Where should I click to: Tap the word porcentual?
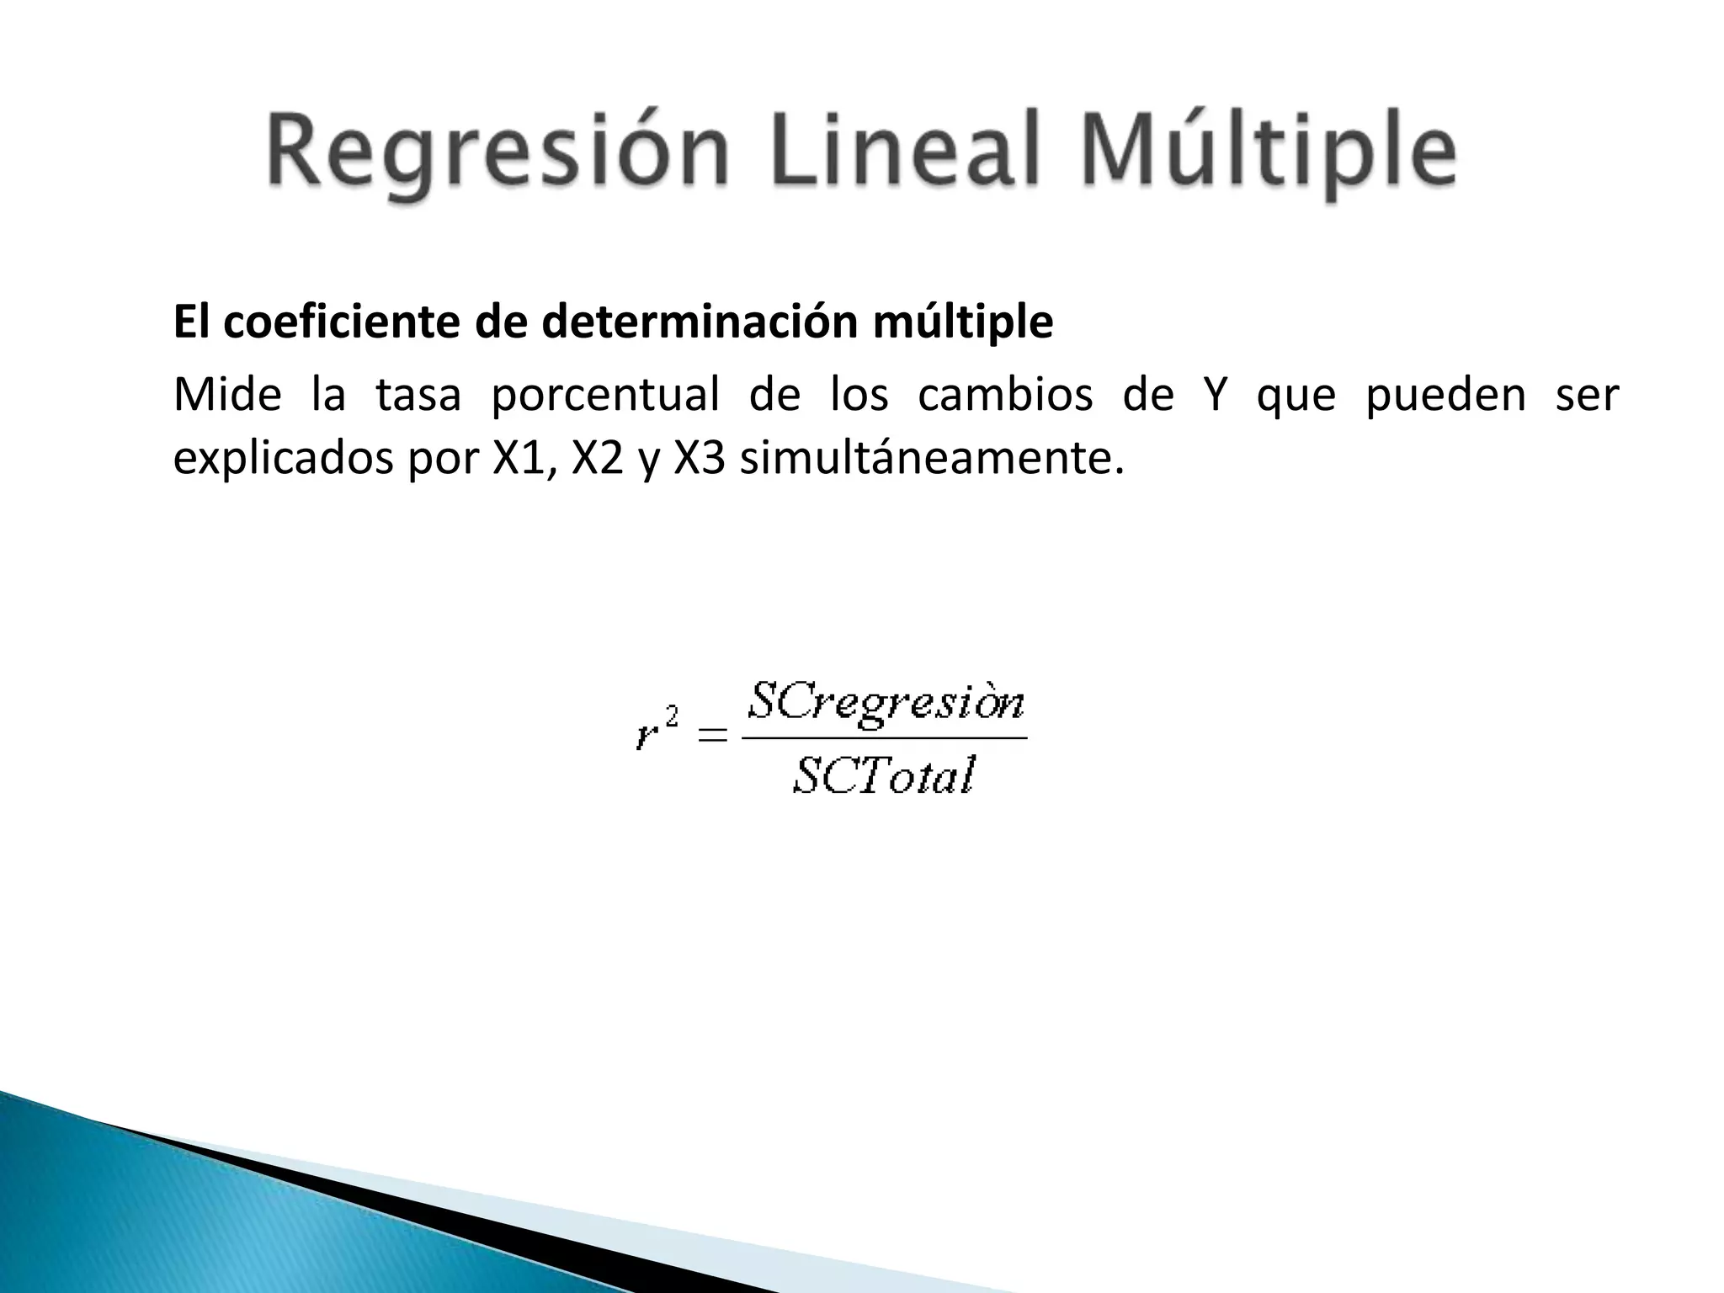click(x=604, y=396)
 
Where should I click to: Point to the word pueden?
click(x=1445, y=396)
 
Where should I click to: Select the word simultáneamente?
click(x=931, y=460)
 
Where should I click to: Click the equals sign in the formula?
click(x=712, y=737)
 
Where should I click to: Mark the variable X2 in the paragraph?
click(x=597, y=460)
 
